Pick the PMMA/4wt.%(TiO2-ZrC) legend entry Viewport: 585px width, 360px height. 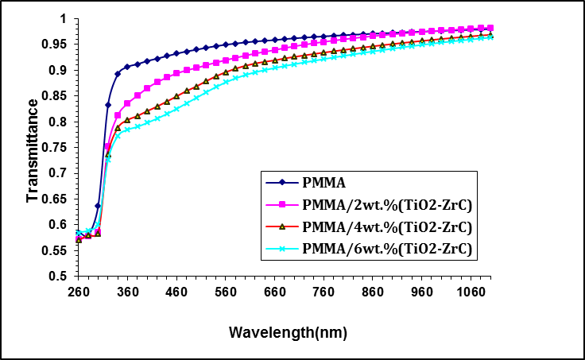click(x=384, y=227)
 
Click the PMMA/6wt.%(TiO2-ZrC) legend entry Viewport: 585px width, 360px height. click(x=384, y=249)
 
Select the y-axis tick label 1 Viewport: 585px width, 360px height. click(x=66, y=18)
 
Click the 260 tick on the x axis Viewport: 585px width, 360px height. click(x=77, y=291)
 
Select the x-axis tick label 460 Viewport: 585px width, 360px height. click(x=176, y=291)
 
